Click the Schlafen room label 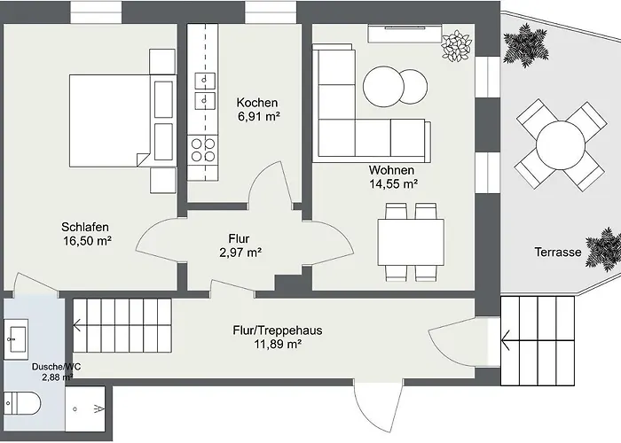point(85,227)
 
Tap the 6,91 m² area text point(259,117)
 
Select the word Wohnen point(391,170)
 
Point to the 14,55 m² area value point(394,184)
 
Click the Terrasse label point(558,252)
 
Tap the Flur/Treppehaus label point(277,330)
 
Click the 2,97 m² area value point(240,253)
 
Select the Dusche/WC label point(56,367)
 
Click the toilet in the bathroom point(22,403)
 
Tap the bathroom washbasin point(16,339)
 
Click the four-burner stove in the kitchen point(203,150)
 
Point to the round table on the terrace point(561,145)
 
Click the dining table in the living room point(411,242)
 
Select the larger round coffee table point(383,86)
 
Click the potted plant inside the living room point(457,46)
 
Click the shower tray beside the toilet point(85,409)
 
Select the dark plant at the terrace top point(526,45)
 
